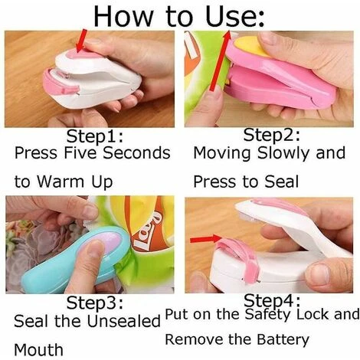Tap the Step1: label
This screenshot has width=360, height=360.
point(95,137)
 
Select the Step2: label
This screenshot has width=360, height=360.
point(271,135)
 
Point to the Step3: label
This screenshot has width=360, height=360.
point(95,303)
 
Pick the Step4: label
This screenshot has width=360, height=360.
point(272,300)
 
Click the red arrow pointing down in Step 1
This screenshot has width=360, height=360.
point(82,41)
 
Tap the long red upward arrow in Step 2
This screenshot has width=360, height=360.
point(220,61)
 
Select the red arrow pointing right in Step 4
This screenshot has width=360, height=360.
point(206,239)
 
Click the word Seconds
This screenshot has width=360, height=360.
point(136,153)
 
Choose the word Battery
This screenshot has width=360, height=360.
point(283,340)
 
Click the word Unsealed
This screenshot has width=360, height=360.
point(124,321)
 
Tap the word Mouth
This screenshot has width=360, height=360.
point(38,349)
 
